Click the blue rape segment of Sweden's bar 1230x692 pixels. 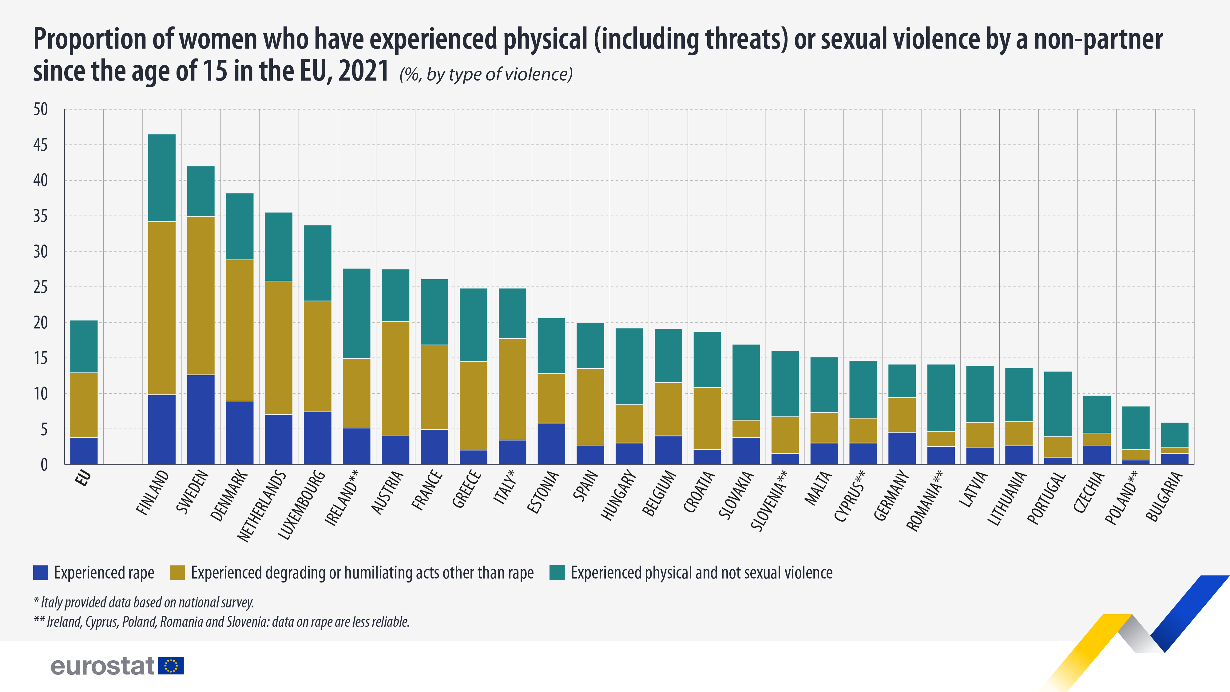(200, 419)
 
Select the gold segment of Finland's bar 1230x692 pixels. (162, 308)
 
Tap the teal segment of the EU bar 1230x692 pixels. (84, 346)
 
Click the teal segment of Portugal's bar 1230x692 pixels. (1057, 404)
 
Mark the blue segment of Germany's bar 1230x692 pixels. (902, 448)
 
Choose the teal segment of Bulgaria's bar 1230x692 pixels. (1175, 435)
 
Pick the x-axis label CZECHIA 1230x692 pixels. (1089, 492)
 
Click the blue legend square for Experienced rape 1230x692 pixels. (41, 573)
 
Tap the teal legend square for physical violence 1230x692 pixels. (557, 573)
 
